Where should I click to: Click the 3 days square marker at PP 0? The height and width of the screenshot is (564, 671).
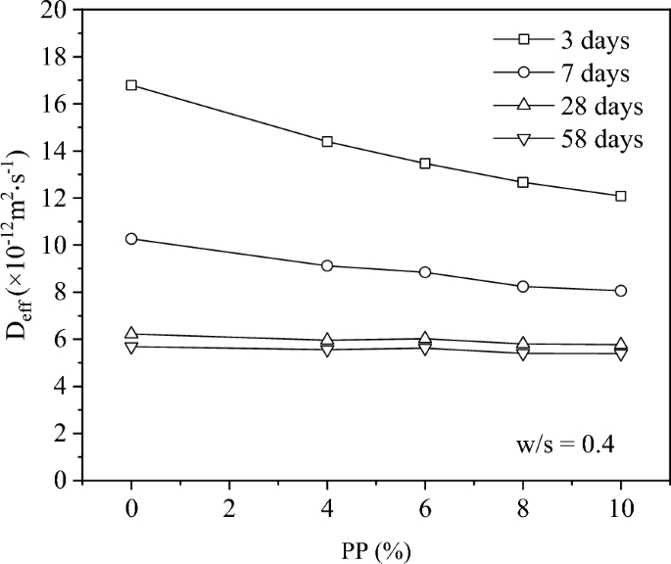point(131,85)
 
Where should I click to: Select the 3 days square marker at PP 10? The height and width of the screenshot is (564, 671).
point(621,196)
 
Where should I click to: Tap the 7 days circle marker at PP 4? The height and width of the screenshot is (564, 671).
point(327,265)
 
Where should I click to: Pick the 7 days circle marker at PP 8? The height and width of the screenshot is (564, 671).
point(523,286)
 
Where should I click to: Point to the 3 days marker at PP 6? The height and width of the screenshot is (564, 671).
point(425,164)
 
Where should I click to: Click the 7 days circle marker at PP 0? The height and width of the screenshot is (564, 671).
point(131,239)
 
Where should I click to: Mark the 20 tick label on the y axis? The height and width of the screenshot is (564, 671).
point(58,11)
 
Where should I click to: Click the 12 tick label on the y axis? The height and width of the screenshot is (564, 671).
point(58,199)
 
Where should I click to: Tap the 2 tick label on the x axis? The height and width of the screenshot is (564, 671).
point(229,510)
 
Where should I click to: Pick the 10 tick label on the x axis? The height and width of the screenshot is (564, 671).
point(621,510)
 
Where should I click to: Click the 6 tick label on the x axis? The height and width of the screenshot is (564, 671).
point(425,510)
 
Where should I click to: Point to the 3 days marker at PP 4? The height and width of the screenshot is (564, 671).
point(327,142)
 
